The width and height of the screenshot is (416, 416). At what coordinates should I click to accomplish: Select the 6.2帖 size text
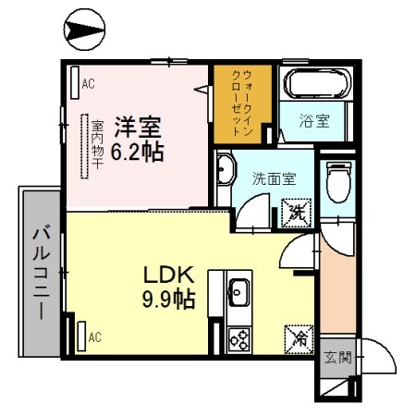tap(139, 150)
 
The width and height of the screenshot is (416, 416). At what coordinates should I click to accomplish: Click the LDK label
tap(166, 275)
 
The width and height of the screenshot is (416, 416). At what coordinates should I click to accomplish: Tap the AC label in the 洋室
tap(89, 84)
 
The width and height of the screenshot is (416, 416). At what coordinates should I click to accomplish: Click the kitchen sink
tap(237, 294)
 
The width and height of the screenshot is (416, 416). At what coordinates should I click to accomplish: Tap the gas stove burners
tap(239, 339)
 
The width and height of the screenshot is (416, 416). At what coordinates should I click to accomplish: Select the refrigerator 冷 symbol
tap(300, 338)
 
